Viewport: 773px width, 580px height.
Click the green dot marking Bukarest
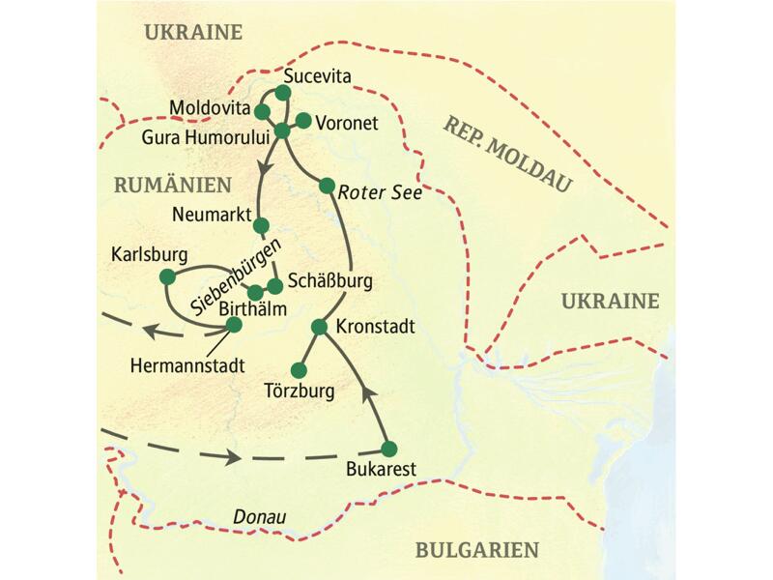pos(389,449)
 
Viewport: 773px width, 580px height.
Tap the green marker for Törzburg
pos(299,369)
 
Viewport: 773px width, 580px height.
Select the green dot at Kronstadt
pos(318,327)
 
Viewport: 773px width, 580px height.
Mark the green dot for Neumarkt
pos(259,225)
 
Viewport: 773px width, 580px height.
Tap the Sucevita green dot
pos(282,93)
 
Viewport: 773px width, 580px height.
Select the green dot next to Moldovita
pos(262,112)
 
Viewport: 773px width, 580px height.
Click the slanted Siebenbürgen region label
pos(229,275)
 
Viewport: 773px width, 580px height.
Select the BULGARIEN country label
pos(476,550)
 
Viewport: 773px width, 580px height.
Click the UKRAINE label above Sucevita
pos(192,32)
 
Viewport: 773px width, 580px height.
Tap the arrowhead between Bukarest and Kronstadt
pos(367,391)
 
